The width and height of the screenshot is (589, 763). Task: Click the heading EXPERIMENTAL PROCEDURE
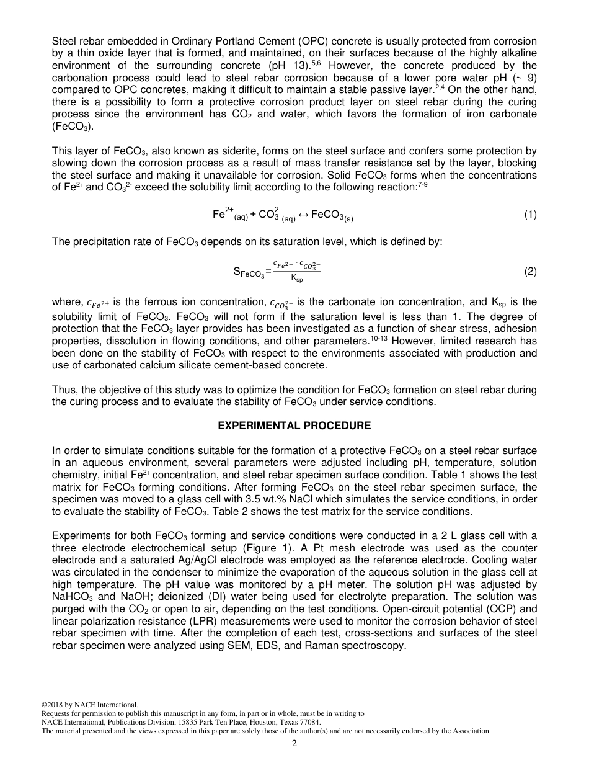point(294,426)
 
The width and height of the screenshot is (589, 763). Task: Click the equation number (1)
point(530,215)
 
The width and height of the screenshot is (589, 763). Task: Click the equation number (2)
point(530,271)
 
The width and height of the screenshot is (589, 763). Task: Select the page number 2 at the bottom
point(294,744)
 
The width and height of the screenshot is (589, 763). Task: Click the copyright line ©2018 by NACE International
point(89,705)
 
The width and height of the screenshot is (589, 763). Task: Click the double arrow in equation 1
point(303,215)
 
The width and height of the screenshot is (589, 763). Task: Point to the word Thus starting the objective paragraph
point(63,390)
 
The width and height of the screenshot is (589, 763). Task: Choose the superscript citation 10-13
point(379,338)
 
